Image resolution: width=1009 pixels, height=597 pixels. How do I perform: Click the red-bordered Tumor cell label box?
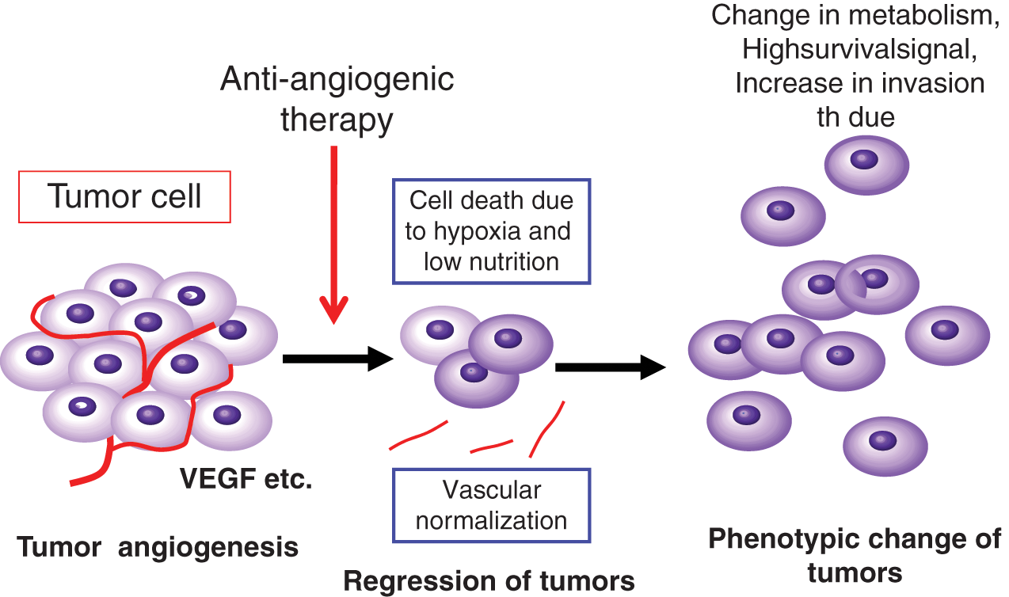pos(124,196)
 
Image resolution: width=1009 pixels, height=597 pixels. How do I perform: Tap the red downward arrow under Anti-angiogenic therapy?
pos(333,234)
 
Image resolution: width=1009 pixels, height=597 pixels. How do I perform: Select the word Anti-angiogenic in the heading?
pos(337,79)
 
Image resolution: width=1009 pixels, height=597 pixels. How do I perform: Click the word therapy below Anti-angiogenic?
pos(337,120)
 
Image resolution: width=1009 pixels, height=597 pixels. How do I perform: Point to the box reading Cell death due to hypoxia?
pos(492,231)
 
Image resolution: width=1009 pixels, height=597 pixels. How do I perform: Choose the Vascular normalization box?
pos(492,505)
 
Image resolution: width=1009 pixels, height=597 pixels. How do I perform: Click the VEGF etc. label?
pos(246,478)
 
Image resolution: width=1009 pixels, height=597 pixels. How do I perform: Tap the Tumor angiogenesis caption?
pos(158,547)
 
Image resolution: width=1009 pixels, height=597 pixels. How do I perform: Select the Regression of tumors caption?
pos(489,581)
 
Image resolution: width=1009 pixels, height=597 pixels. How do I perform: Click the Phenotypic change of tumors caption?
pos(855,556)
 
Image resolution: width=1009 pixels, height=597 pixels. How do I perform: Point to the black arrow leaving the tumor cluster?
pos(338,359)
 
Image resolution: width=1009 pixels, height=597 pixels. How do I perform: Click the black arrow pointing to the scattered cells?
pos(611,367)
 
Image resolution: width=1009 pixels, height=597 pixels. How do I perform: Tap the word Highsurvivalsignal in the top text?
pos(860,48)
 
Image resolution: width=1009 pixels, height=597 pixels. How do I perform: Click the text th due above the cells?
pos(855,117)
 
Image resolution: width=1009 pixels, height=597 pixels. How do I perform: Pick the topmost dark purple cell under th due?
pos(866,165)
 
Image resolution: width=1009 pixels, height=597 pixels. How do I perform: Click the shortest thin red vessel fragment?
pos(492,446)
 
